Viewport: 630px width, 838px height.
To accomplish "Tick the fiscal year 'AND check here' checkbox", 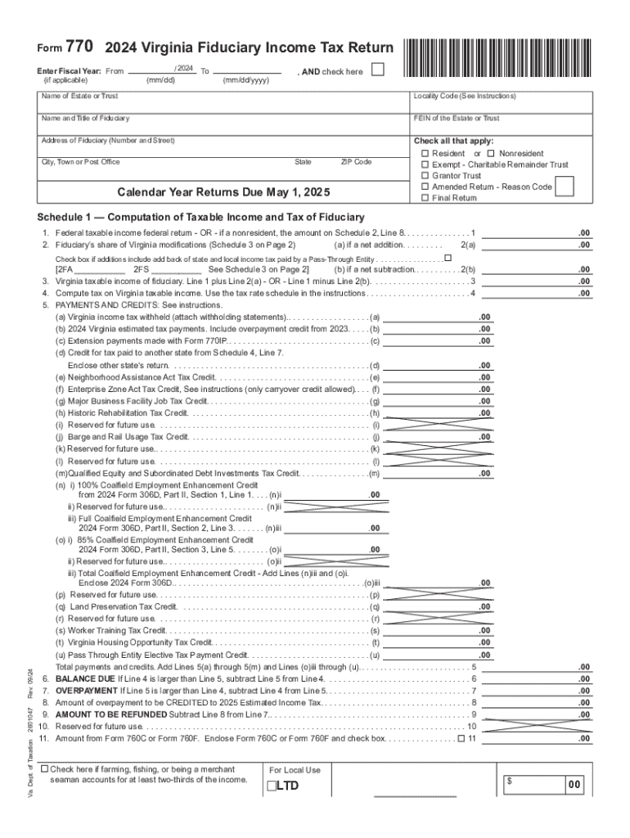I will (377, 70).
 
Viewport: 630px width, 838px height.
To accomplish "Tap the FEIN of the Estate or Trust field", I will (501, 124).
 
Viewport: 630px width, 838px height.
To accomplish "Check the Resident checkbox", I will (425, 154).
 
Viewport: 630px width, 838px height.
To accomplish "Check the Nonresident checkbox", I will (491, 154).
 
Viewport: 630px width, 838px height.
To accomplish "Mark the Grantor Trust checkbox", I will (425, 176).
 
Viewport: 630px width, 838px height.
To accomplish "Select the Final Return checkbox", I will (425, 198).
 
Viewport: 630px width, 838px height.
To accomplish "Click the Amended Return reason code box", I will (564, 187).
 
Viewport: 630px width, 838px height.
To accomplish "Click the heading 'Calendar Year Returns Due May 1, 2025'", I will (223, 193).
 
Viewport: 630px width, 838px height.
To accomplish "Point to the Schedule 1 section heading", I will (200, 218).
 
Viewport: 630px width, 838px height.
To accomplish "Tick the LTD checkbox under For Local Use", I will (270, 786).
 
